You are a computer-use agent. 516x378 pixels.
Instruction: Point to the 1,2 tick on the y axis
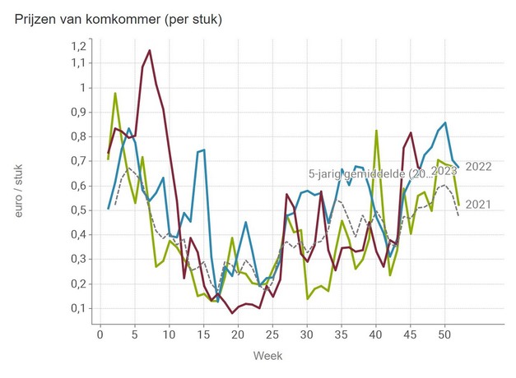78,46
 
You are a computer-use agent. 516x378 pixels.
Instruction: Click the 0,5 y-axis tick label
78,210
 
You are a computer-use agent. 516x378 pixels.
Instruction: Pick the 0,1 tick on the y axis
78,308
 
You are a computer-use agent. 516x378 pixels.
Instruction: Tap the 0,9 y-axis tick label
78,112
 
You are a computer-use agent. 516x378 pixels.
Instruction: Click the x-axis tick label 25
272,334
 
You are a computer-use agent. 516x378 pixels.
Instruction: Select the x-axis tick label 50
444,334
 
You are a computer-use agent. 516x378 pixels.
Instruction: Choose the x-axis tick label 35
341,334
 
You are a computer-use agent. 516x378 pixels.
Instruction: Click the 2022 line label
478,167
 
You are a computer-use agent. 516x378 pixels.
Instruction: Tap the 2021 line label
478,205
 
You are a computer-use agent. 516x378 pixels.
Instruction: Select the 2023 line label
444,171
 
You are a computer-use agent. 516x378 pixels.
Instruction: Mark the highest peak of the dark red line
149,51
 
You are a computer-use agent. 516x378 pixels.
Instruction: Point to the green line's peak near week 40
376,131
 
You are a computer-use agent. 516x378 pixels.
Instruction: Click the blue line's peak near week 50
445,123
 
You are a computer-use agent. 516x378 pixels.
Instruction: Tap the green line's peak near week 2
115,93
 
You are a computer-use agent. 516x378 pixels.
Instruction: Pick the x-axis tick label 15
202,334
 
